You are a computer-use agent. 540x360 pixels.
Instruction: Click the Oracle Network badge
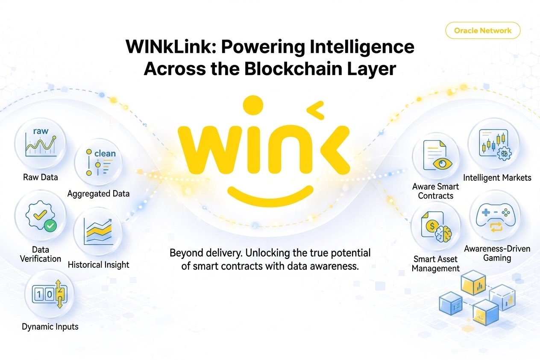(x=483, y=31)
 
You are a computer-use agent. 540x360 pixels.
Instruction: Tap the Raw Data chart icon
(x=40, y=143)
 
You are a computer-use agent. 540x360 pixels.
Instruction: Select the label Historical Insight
(x=98, y=265)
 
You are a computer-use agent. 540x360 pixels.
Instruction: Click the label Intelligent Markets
(x=497, y=177)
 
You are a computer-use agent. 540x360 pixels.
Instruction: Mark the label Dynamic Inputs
(x=50, y=327)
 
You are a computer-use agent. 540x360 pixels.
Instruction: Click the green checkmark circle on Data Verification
(x=51, y=225)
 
